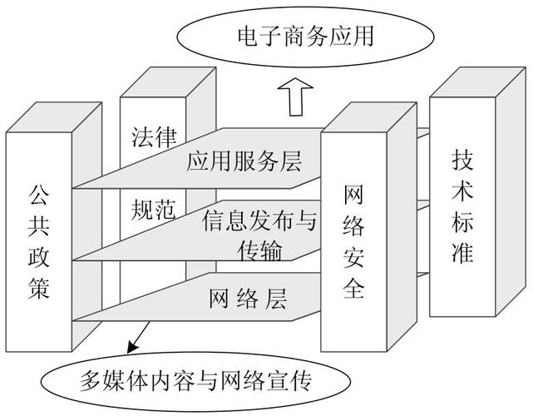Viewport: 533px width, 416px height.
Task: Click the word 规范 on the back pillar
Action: tap(154, 211)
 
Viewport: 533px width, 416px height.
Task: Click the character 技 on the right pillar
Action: tap(462, 159)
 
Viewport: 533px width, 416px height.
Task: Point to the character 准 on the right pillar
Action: tap(462, 252)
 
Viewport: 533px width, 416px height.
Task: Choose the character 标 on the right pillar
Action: tap(462, 221)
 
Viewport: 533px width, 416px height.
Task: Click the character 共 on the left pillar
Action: tap(38, 226)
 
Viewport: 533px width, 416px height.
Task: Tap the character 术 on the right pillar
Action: tap(462, 190)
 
